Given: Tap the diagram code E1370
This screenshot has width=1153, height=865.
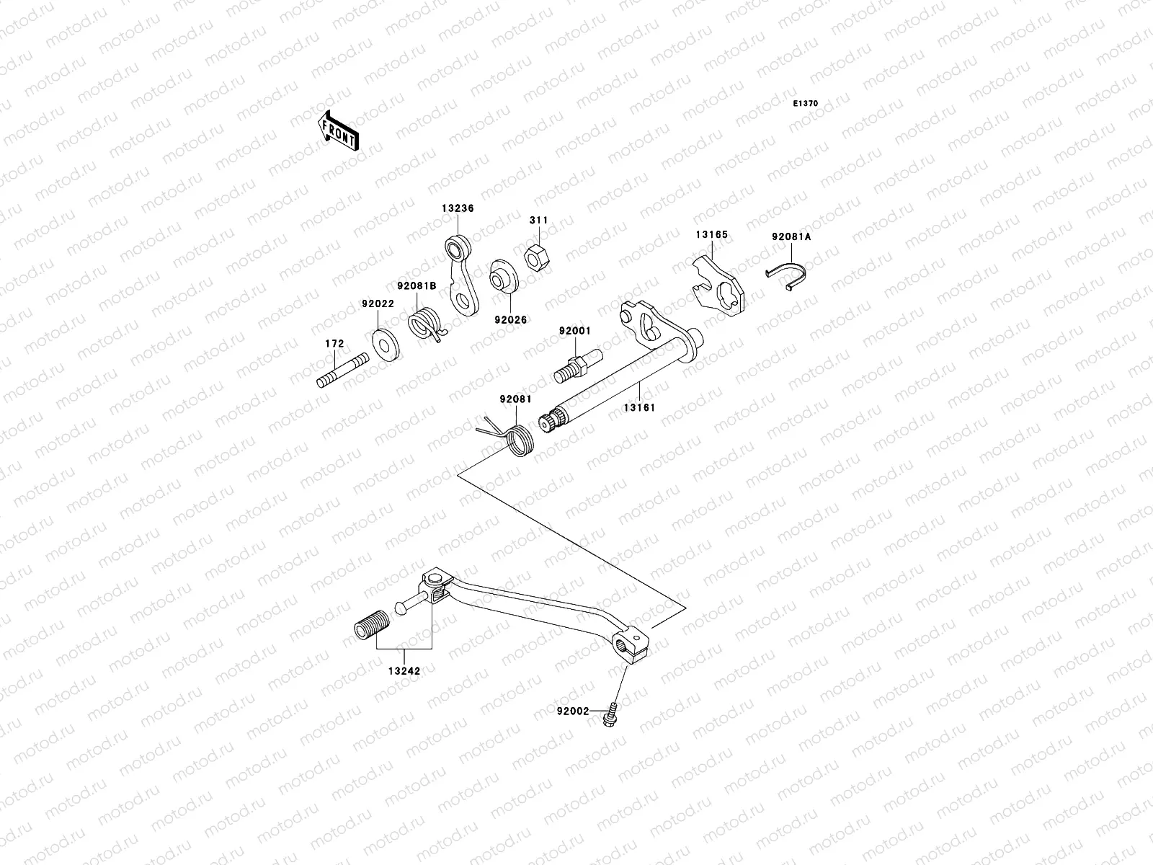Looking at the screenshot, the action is click(x=805, y=104).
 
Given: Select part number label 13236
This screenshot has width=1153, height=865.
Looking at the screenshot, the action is click(x=458, y=208).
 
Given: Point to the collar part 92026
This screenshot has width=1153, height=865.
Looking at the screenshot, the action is click(x=504, y=276).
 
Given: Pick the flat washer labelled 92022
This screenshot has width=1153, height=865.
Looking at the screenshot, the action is click(x=386, y=345).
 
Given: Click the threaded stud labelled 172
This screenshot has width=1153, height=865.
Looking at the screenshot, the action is click(x=343, y=371).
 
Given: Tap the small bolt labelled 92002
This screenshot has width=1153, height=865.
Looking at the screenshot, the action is click(x=610, y=715).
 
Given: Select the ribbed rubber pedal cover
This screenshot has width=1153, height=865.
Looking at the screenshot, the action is click(x=373, y=624).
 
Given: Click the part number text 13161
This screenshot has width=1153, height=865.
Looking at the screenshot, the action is click(x=639, y=407).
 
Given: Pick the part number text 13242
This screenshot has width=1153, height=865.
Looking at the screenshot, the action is click(x=404, y=671).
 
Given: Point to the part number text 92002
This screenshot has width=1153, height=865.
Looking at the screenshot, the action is click(x=573, y=711).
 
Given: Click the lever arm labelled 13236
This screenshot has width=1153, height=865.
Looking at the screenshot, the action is click(x=461, y=275).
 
